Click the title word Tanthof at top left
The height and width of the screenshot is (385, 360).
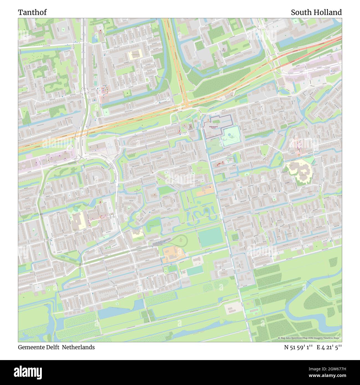[32, 12]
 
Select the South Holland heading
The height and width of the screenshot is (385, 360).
[316, 12]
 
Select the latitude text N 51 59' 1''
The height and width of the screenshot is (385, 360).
[299, 347]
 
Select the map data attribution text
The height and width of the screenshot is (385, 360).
[310, 338]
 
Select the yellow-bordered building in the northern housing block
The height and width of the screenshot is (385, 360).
[135, 55]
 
